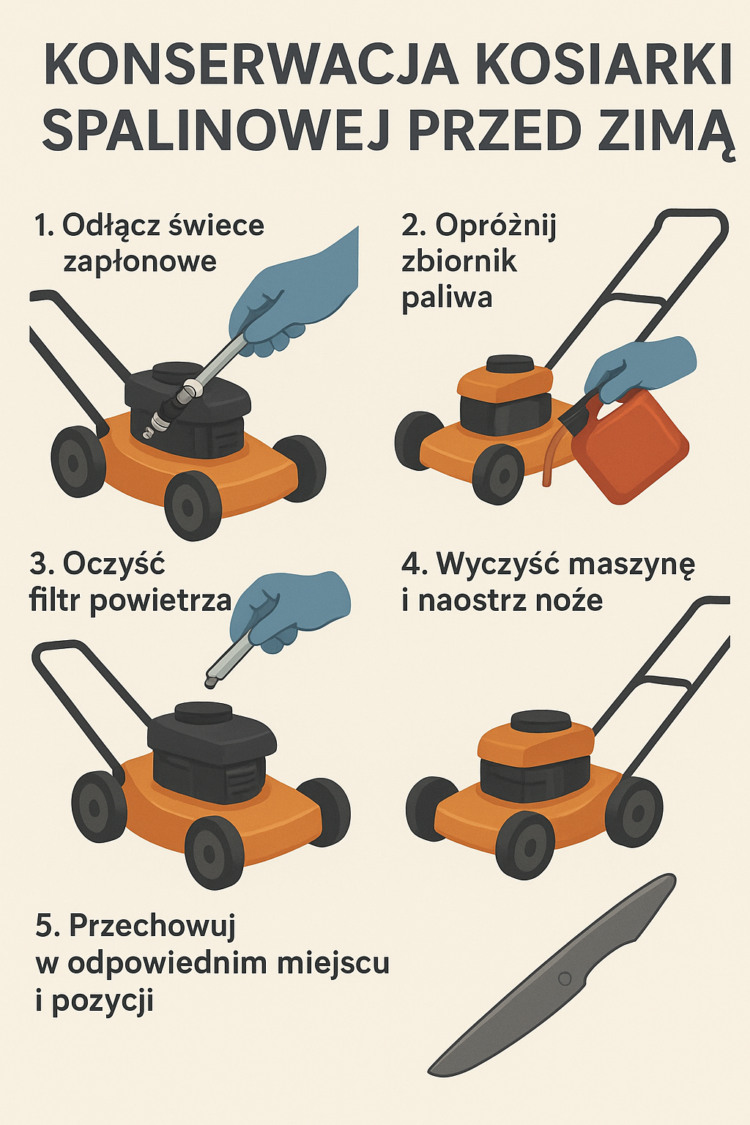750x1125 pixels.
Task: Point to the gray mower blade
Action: [557, 974]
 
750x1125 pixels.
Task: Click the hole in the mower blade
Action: [564, 979]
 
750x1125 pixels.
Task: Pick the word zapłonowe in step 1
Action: [140, 261]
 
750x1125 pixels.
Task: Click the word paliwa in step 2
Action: [447, 298]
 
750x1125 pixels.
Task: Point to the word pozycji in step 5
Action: [103, 1000]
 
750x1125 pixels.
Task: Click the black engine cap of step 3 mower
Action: [203, 712]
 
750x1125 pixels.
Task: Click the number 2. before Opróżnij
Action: [414, 226]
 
